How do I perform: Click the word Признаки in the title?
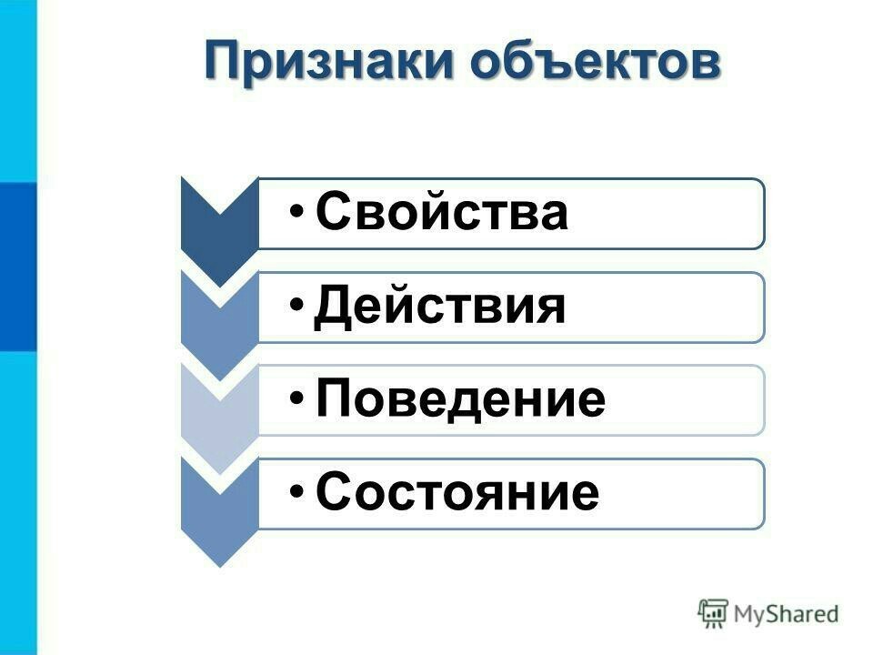(329, 60)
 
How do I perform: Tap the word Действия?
(439, 307)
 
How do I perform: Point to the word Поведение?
(460, 398)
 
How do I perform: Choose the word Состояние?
(457, 491)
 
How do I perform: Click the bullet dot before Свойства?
(297, 212)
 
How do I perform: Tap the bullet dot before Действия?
(297, 306)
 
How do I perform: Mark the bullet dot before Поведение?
(297, 398)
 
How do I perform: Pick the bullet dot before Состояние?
(297, 492)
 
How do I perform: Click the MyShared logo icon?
(713, 613)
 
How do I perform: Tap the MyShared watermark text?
(786, 614)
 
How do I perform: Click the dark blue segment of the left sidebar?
(18, 267)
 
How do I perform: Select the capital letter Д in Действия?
(332, 307)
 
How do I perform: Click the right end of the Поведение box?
(764, 400)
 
